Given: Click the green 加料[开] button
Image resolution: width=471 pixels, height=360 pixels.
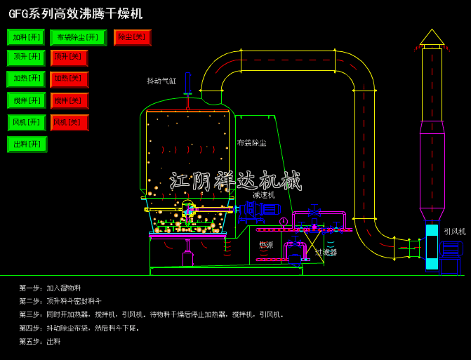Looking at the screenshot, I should pos(26,37).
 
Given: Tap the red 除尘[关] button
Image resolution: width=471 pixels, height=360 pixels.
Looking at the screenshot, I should pos(132,37).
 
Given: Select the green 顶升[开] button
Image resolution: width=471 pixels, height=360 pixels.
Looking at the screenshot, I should pos(26,58).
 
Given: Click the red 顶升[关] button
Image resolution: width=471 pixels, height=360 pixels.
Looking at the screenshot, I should pos(69,58).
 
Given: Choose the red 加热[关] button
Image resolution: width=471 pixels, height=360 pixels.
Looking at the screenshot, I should pos(69,79).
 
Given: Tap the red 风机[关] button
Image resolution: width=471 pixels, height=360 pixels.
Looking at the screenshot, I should pos(69,123).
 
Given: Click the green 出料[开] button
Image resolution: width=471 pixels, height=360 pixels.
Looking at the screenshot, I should pos(27,145).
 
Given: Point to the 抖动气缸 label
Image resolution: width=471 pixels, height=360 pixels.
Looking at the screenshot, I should pos(161,81).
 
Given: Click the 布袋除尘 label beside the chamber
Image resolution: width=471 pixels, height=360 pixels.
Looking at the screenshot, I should pos(251,143).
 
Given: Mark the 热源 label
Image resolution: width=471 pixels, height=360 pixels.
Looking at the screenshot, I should pos(266,245).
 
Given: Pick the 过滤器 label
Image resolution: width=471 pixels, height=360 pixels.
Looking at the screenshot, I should pos(326,252).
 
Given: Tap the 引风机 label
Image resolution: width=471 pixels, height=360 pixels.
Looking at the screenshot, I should pos(454,232).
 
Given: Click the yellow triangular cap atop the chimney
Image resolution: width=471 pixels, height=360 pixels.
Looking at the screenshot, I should pos(432,38).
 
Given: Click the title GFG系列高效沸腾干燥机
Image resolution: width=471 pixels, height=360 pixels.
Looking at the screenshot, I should pos(76,14).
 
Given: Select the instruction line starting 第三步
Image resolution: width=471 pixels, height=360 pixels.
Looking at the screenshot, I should pos(152,314).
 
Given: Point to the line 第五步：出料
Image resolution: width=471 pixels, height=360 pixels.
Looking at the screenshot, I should pos(40,341).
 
